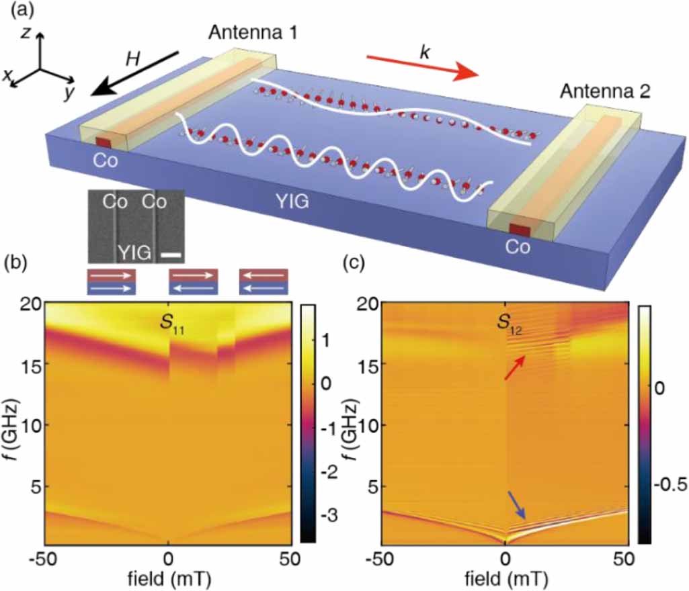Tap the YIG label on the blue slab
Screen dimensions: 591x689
click(292, 199)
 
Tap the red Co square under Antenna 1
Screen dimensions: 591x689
click(103, 142)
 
